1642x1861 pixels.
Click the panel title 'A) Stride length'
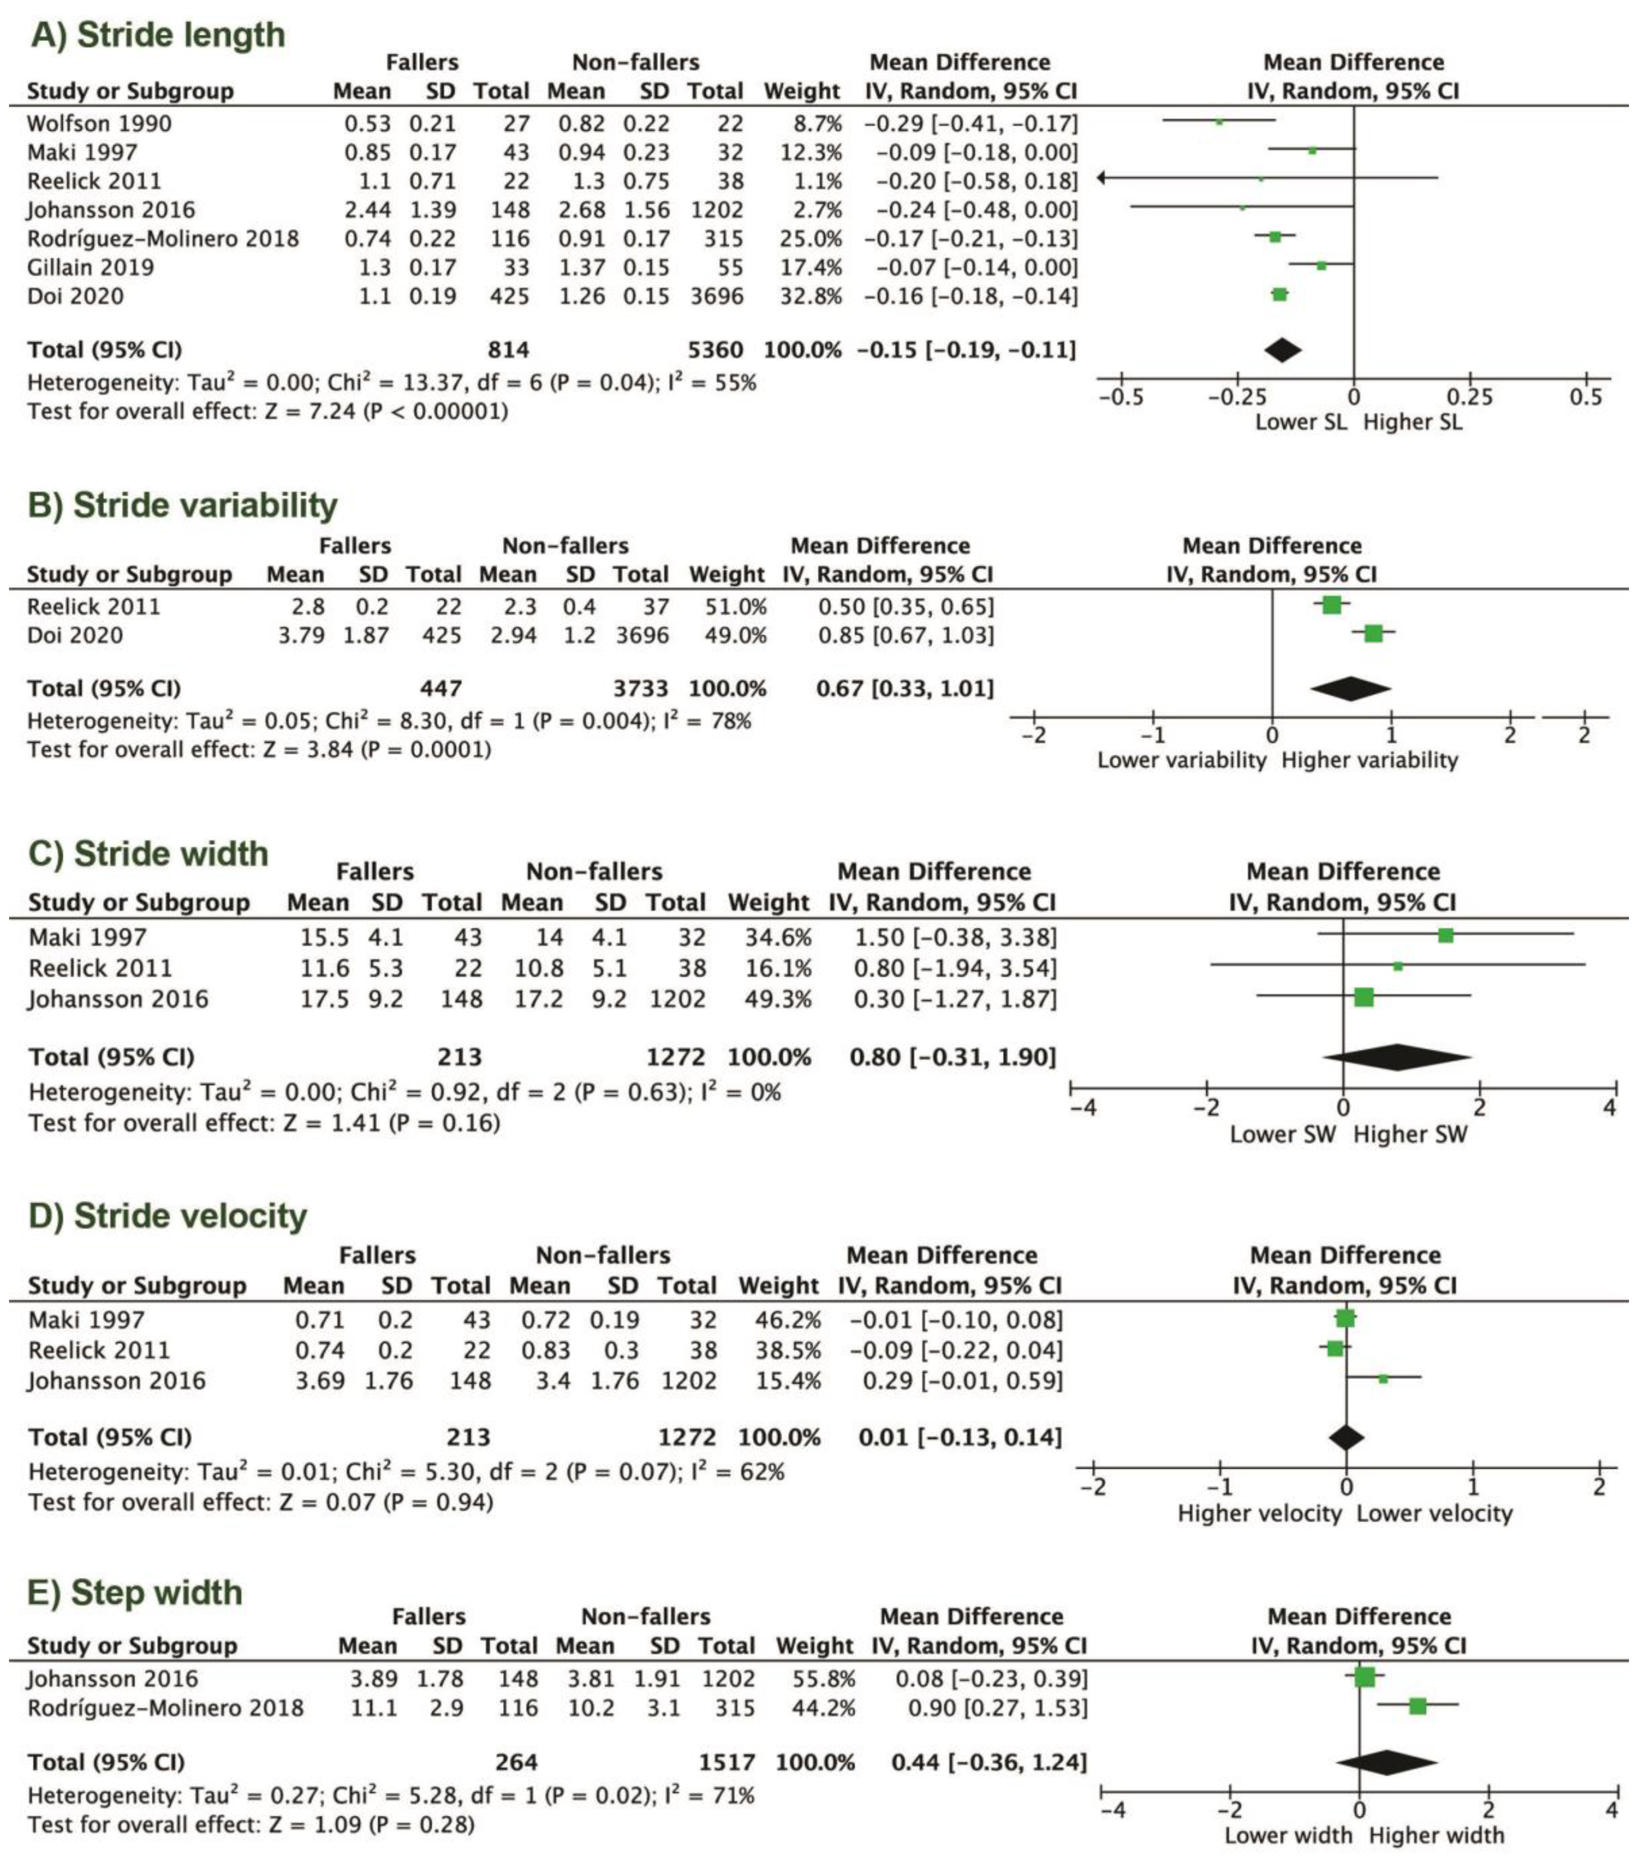(157, 34)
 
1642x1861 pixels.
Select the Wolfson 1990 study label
(99, 123)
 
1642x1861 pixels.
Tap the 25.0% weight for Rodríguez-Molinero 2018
(810, 238)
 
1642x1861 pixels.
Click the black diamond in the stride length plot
(1283, 349)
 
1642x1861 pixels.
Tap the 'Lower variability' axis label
(1182, 760)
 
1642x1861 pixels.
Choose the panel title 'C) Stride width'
(148, 854)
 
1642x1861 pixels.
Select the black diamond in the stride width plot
(1397, 1057)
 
